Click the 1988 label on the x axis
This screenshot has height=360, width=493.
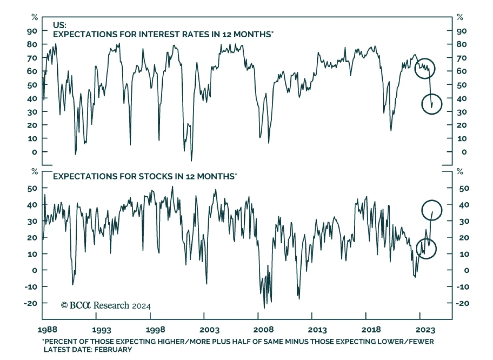(x=47, y=330)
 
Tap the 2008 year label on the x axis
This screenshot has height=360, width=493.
(x=263, y=330)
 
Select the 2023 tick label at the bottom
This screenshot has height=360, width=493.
(x=425, y=330)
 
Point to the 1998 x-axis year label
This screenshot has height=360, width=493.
(x=156, y=330)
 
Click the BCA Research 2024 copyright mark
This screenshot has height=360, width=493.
(x=106, y=305)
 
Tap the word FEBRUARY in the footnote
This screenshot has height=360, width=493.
(x=113, y=350)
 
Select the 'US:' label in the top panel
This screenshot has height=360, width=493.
(x=59, y=25)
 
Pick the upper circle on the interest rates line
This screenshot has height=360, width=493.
(x=425, y=68)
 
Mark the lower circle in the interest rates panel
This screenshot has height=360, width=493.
(x=432, y=104)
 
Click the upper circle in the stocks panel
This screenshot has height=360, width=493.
(x=432, y=210)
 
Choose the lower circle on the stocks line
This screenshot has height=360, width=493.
(x=426, y=249)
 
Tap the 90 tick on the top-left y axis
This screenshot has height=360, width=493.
(x=32, y=31)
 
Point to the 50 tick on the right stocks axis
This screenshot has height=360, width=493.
(x=464, y=188)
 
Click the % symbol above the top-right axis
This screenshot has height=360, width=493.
(x=460, y=17)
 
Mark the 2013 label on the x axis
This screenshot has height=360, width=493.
(x=317, y=330)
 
